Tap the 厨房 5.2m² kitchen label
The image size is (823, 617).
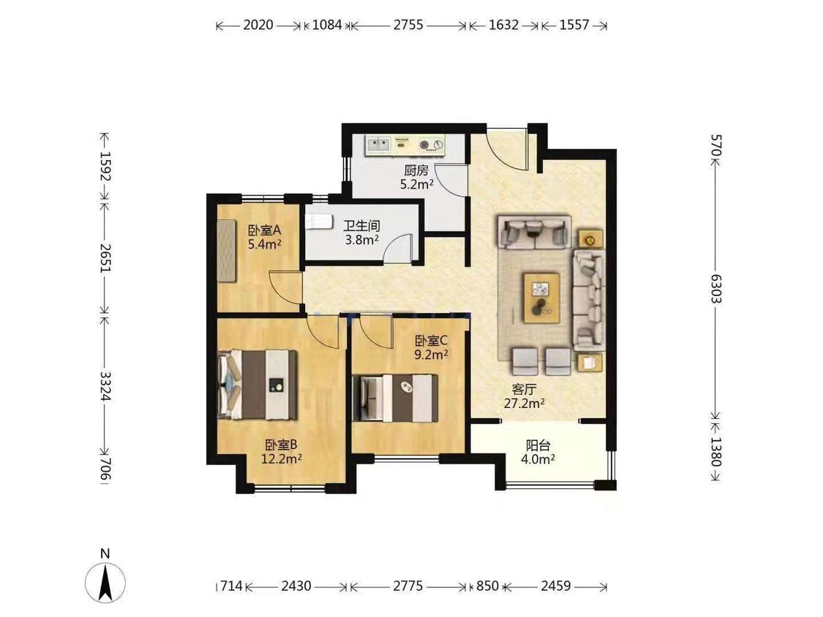417,178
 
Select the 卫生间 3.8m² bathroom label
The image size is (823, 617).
361,233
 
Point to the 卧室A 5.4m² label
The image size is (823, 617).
265,237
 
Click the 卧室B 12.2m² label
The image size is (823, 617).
282,452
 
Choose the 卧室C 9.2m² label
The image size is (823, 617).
431,347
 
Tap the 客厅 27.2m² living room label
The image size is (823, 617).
524,396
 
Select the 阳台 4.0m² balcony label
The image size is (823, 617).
538,453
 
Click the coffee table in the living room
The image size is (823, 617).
541,298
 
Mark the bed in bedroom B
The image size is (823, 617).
258,385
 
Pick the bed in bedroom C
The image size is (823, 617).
395,398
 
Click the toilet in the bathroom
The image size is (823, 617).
319,222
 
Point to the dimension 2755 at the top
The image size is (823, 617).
408,25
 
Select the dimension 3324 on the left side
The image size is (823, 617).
105,386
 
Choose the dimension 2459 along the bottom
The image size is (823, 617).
555,586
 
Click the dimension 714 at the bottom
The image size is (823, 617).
231,586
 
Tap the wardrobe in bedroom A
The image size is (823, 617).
228,251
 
